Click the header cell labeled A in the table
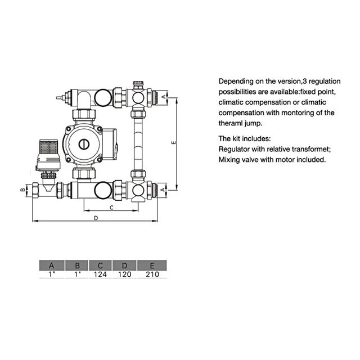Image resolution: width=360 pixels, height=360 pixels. pos(52,265)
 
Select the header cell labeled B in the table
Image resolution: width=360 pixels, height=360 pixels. pos(78,265)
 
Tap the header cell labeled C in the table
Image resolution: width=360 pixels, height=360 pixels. pos(100,265)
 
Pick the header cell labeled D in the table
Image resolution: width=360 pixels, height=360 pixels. pos(124,265)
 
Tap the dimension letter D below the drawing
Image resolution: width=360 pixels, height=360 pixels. pos(96,217)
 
